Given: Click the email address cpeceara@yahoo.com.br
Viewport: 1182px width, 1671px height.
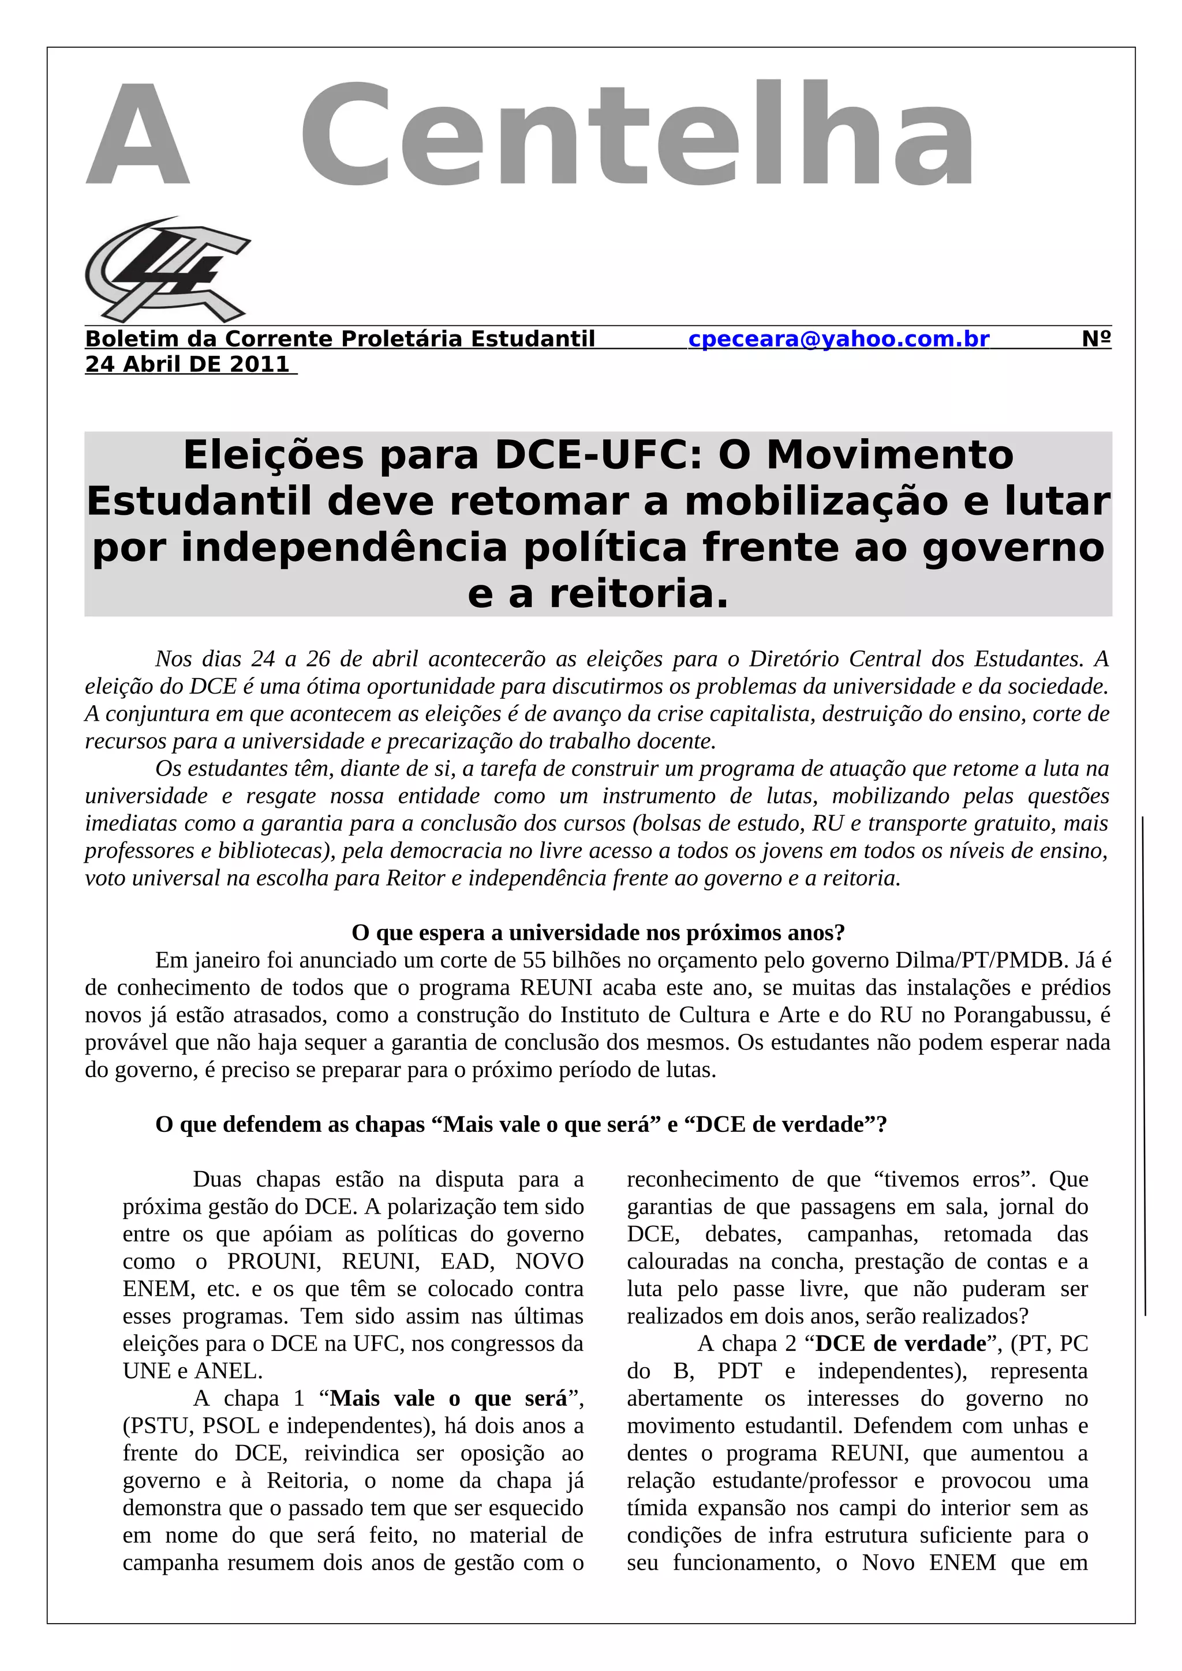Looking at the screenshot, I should [x=838, y=339].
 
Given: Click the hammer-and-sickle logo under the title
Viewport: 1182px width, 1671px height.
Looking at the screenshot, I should [x=167, y=270].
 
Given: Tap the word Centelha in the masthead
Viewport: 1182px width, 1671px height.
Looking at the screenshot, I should [x=637, y=136].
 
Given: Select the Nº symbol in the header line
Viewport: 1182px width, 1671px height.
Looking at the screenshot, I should [x=1096, y=339].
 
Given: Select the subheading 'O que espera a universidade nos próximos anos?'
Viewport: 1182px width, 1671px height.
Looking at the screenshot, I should [x=598, y=932].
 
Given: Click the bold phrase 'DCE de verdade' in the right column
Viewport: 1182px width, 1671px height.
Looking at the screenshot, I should [x=900, y=1343].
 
